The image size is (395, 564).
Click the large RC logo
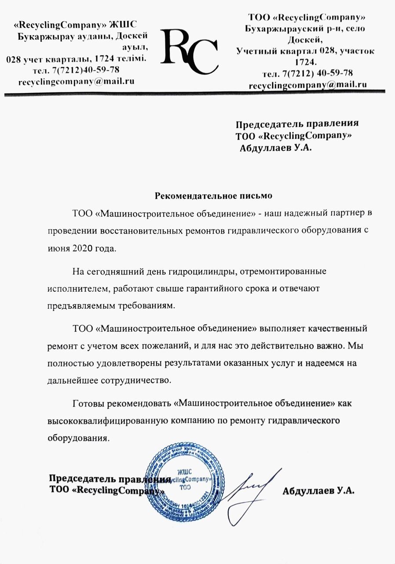(190, 52)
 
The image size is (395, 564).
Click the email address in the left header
(77, 82)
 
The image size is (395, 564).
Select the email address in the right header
(307, 85)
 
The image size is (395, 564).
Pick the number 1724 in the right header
(307, 61)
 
